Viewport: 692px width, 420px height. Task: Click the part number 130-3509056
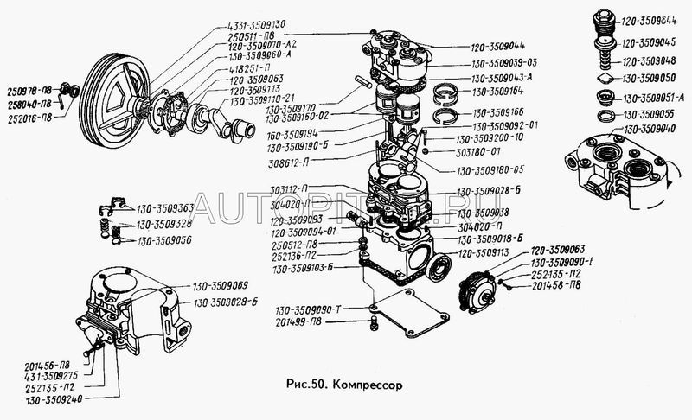point(163,241)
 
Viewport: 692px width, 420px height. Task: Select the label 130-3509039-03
point(504,62)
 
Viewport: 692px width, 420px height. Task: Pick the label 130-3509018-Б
point(491,236)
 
